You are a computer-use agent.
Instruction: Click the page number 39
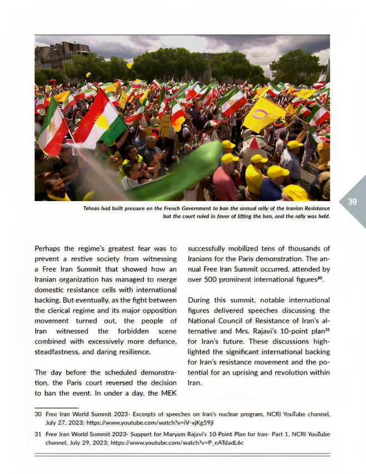coord(352,202)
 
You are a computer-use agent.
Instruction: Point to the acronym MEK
coord(168,393)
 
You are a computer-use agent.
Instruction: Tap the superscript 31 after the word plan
coord(327,329)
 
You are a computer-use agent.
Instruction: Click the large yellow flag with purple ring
coord(266,113)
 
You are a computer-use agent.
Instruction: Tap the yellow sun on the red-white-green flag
coord(102,122)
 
